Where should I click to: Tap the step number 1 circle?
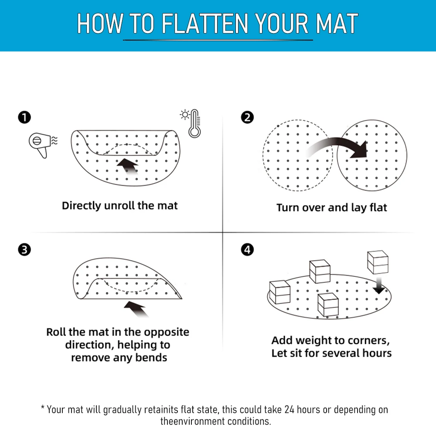24,117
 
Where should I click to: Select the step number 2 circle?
247,117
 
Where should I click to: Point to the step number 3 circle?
24,250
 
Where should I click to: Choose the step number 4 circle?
247,250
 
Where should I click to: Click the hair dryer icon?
39,144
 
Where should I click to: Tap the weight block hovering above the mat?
378,262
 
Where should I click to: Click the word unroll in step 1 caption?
119,205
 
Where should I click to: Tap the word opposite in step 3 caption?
167,332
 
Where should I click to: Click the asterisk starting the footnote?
43,409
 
